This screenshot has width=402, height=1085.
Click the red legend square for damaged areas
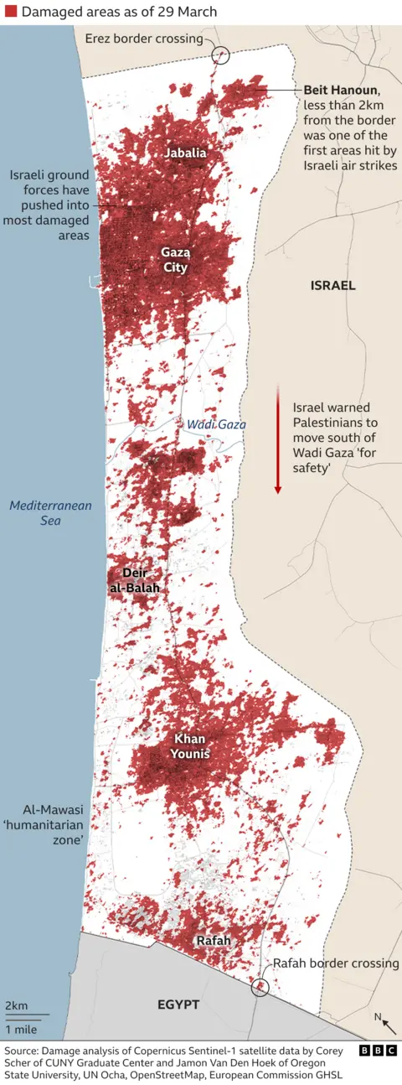click(x=10, y=12)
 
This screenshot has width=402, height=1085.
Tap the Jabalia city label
click(x=185, y=153)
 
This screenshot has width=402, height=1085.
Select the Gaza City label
click(x=175, y=260)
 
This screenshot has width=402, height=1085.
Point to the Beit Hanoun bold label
click(x=343, y=90)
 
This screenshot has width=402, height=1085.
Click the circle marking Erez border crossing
click(x=221, y=55)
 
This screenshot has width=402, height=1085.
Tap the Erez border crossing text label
click(x=143, y=39)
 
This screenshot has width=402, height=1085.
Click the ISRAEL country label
click(x=332, y=285)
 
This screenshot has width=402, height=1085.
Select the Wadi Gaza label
click(x=216, y=425)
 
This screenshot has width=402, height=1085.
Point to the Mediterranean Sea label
click(x=51, y=513)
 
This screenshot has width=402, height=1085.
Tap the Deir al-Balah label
click(x=133, y=580)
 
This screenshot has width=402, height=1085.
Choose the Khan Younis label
click(x=191, y=745)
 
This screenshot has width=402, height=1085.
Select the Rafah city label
click(x=213, y=942)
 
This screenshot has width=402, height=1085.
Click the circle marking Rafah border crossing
click(x=261, y=986)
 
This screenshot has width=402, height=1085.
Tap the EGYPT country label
click(x=178, y=1005)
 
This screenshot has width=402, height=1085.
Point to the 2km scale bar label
click(x=17, y=1005)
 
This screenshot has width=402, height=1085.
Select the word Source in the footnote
click(x=23, y=1051)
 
